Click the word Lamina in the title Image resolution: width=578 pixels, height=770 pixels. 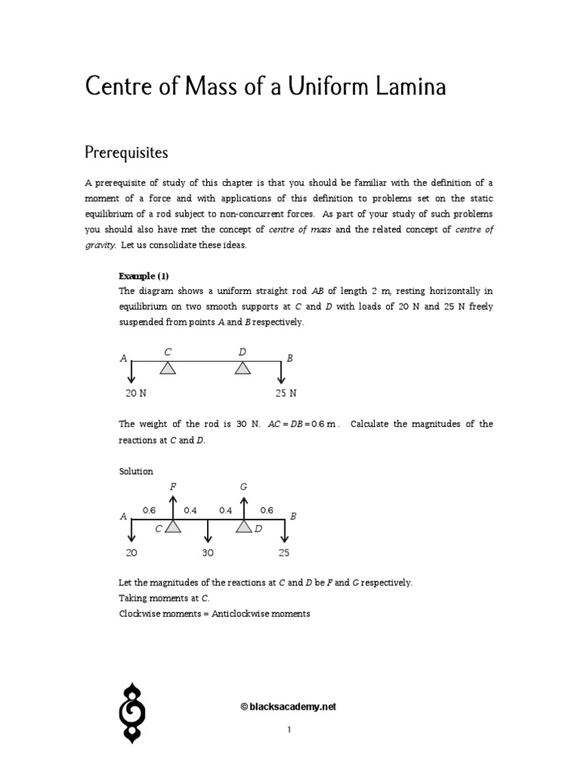409,86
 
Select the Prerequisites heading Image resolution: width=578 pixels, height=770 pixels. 126,152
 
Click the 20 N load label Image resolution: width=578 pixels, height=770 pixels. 135,393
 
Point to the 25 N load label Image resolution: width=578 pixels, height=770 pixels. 285,393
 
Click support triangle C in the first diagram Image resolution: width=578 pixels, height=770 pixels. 167,368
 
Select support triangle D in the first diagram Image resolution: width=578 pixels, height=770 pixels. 242,368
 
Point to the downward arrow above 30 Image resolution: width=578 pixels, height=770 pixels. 208,532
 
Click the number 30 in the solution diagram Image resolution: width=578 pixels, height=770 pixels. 208,553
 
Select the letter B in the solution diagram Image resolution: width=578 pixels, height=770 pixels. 294,516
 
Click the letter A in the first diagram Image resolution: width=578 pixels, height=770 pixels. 123,359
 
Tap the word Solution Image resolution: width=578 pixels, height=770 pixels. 136,471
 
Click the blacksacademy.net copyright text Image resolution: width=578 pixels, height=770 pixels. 288,706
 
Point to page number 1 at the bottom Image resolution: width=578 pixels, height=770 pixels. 289,729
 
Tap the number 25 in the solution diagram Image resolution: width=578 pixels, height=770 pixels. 283,553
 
